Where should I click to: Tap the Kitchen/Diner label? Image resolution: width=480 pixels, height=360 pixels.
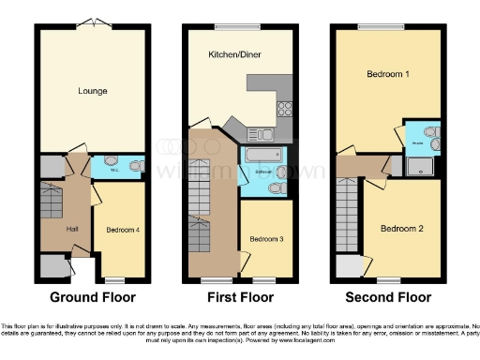pos(234,55)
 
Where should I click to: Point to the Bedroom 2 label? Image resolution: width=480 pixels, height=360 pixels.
pos(401,228)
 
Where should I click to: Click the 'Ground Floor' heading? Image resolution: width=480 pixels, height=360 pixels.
pos(92,297)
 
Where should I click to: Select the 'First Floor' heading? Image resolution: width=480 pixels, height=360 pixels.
pos(240,297)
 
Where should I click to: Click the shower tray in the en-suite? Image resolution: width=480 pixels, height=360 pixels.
pos(420,168)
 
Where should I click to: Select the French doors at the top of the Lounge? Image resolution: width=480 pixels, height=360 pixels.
pos(91,22)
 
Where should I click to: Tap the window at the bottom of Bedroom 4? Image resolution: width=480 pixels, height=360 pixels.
pos(114,279)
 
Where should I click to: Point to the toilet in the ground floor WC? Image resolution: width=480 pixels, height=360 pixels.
pos(134,167)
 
